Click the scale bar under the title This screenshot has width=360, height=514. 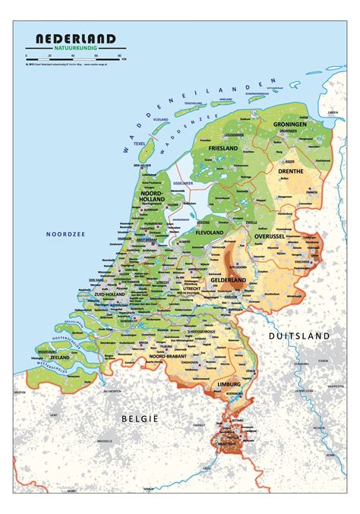(76, 56)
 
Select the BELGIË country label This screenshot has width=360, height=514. (137, 418)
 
